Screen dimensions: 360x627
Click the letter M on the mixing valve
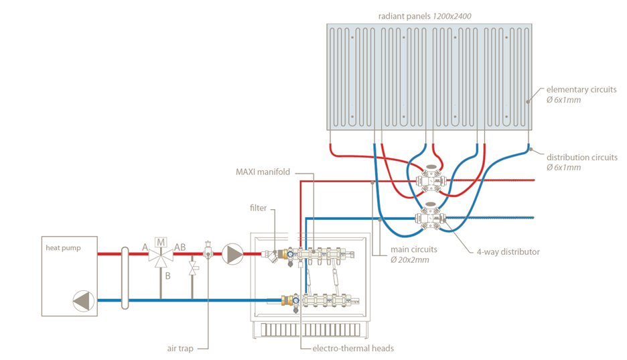161,241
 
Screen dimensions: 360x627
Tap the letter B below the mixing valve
168,275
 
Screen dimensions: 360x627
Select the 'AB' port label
180,247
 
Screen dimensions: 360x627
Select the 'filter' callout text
259,208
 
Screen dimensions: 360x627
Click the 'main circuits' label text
413,249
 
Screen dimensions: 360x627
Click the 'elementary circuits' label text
581,90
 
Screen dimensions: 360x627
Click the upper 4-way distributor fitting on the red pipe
429,181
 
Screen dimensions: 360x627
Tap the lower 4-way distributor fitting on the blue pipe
429,217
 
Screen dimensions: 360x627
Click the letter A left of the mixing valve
145,247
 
